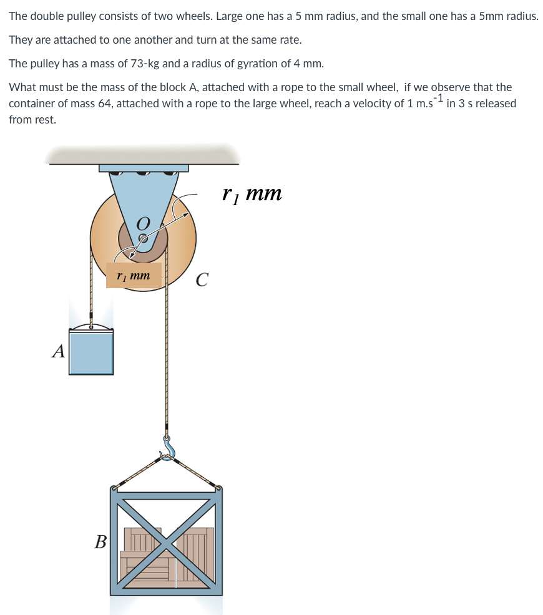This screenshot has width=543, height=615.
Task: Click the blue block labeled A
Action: pyautogui.click(x=91, y=352)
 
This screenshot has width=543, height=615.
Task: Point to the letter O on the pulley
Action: pyautogui.click(x=143, y=223)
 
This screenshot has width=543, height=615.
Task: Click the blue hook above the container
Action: pyautogui.click(x=167, y=448)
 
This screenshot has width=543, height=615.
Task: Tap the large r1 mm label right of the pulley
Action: pyautogui.click(x=252, y=193)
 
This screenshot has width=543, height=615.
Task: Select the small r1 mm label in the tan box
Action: pyautogui.click(x=134, y=275)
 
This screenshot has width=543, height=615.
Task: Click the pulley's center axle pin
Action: pyautogui.click(x=143, y=238)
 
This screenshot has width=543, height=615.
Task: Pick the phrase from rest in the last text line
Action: pyautogui.click(x=32, y=119)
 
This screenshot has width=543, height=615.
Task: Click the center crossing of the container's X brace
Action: pyautogui.click(x=167, y=541)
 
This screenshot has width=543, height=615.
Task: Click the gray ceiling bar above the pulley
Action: pyautogui.click(x=144, y=156)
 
